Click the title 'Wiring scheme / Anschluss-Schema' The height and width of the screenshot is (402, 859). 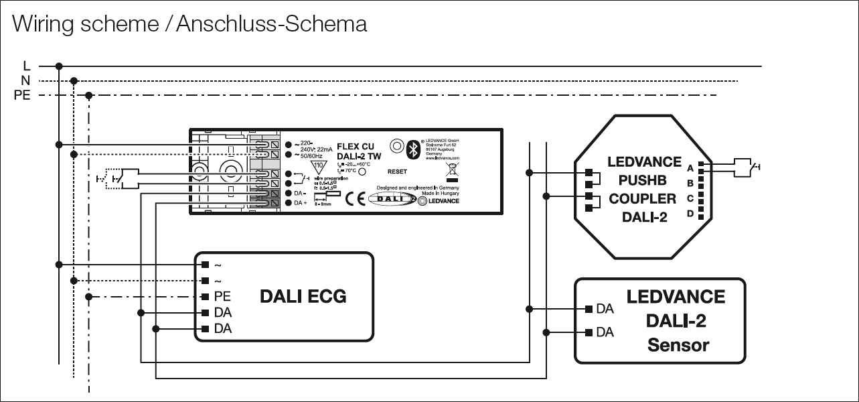(x=190, y=24)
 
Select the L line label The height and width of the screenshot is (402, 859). (x=26, y=66)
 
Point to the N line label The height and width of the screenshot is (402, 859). (x=25, y=81)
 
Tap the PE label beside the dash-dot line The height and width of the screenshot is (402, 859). (x=22, y=95)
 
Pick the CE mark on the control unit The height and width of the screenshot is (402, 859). (x=355, y=198)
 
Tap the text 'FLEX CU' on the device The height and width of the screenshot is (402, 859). (x=355, y=146)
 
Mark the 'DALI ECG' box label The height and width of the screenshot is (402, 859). (x=303, y=296)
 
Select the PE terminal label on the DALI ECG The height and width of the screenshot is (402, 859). (x=222, y=296)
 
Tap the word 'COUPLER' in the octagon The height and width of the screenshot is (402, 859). (x=642, y=198)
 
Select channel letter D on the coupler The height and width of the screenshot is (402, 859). (x=689, y=214)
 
